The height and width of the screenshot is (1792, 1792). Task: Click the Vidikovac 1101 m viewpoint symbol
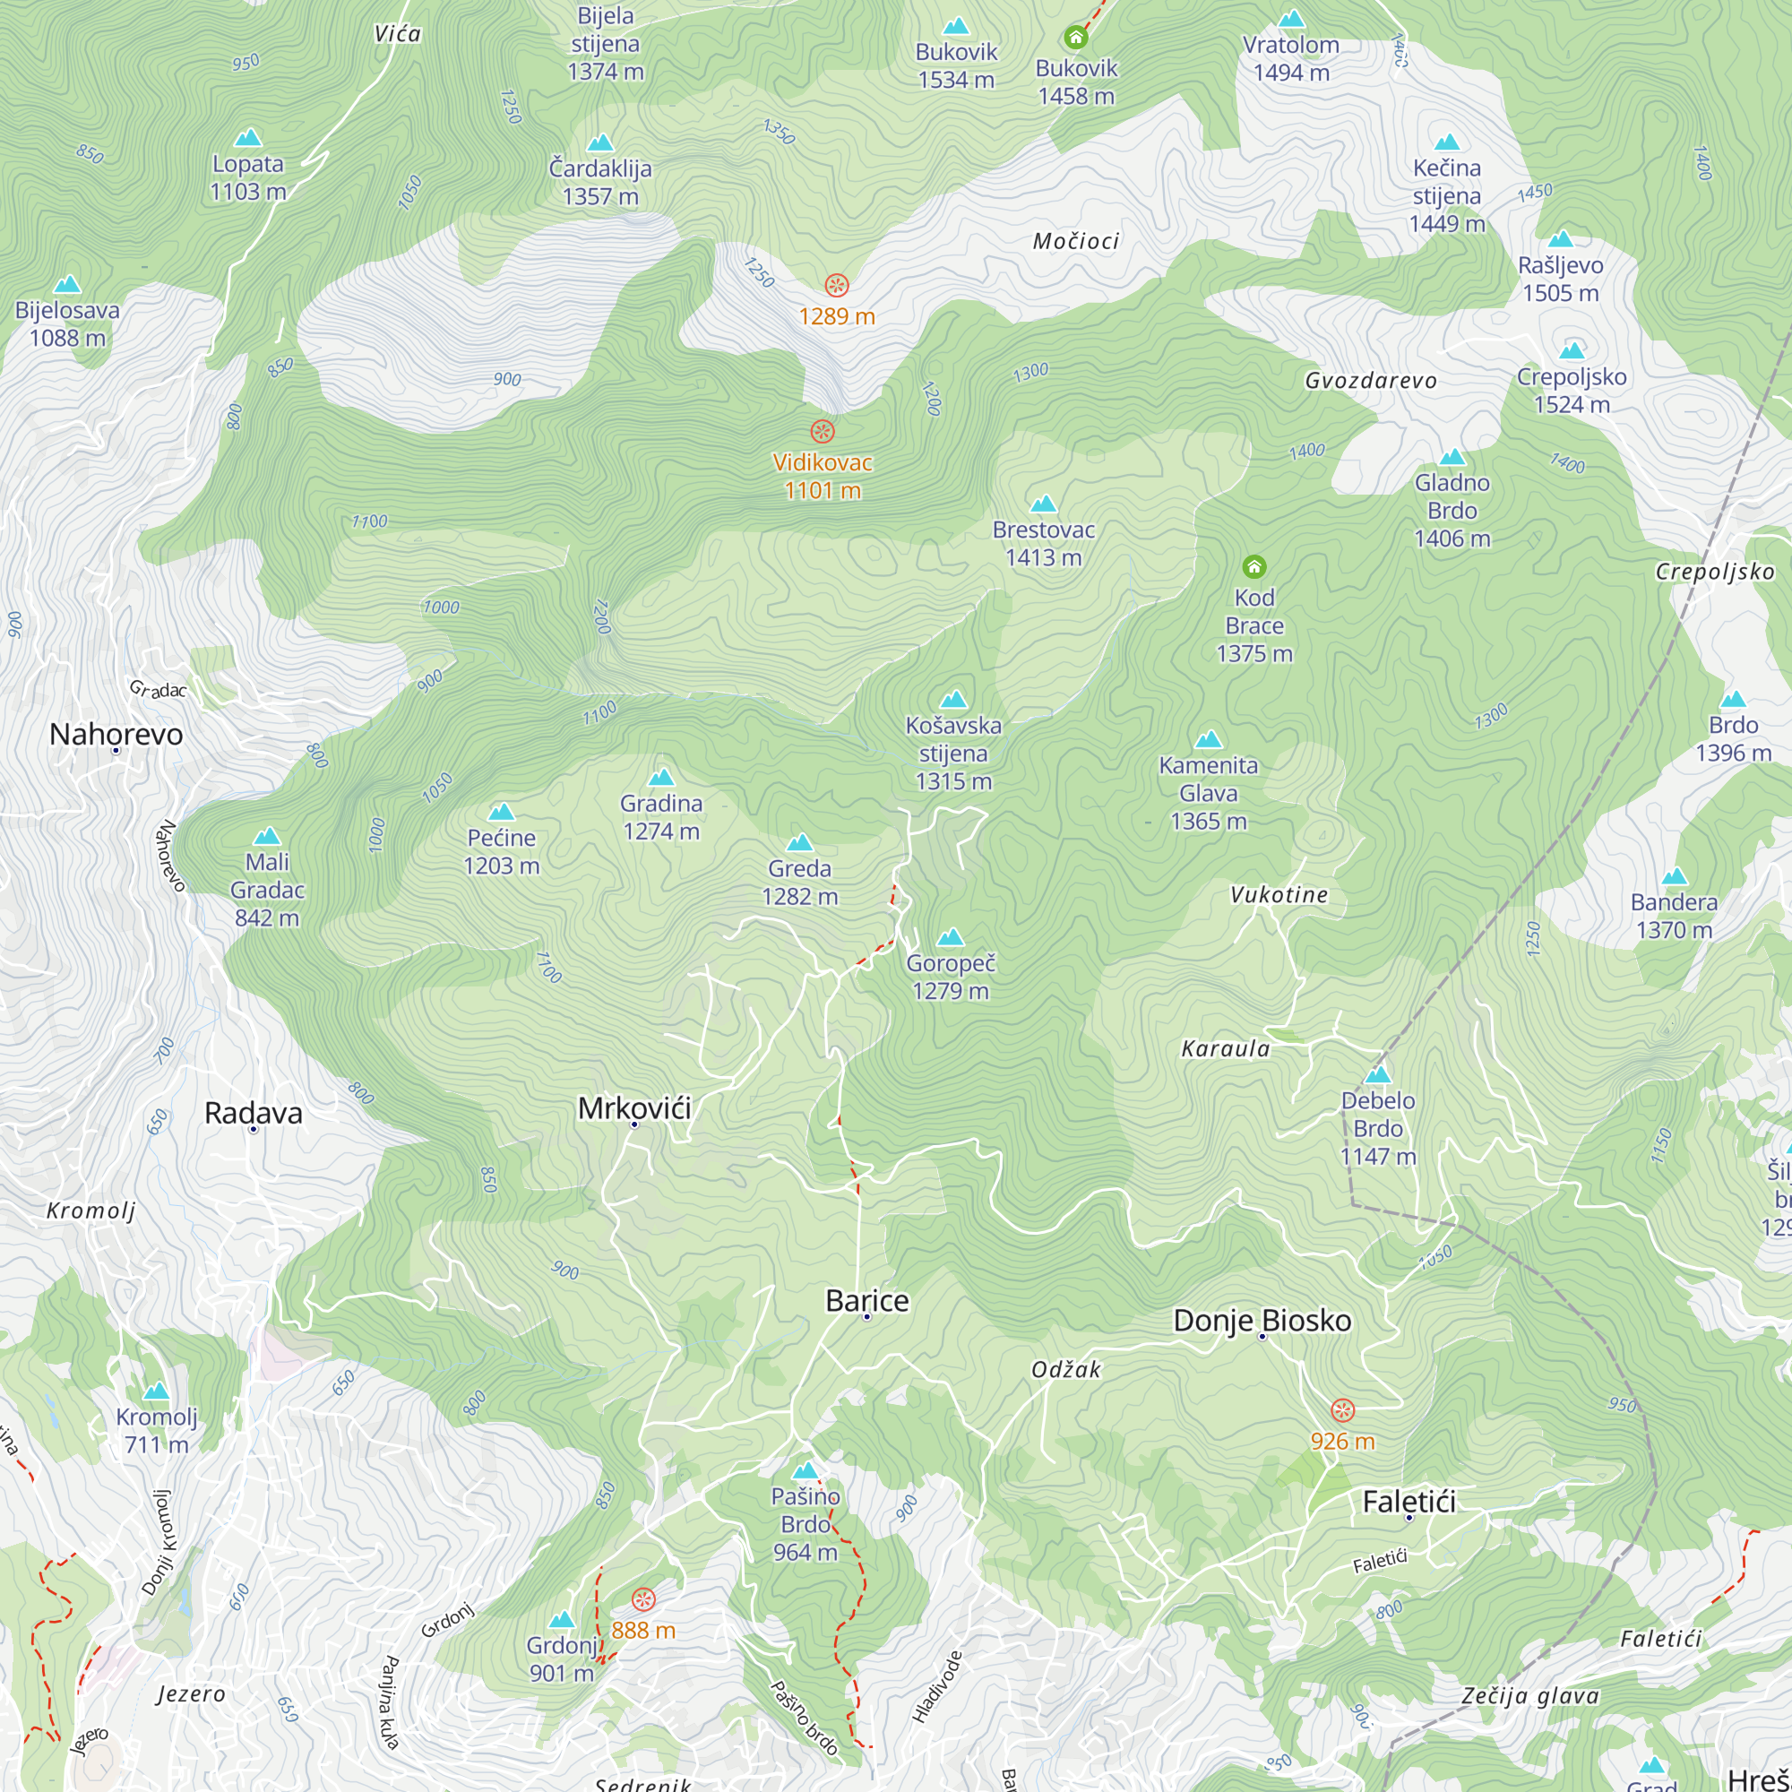pyautogui.click(x=823, y=431)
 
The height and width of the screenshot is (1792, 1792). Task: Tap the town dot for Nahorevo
pyautogui.click(x=116, y=749)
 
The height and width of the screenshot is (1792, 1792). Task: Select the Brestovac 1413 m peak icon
pyautogui.click(x=1044, y=504)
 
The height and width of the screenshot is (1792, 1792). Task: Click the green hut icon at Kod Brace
pyautogui.click(x=1254, y=565)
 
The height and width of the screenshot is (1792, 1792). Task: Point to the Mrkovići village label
pyautogui.click(x=634, y=1107)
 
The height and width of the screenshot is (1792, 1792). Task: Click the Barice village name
pyautogui.click(x=867, y=1300)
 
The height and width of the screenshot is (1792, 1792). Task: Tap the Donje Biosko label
pyautogui.click(x=1262, y=1320)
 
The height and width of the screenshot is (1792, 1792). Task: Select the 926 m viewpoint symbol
pyautogui.click(x=1342, y=1411)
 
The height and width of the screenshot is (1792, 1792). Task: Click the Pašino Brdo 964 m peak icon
pyautogui.click(x=806, y=1471)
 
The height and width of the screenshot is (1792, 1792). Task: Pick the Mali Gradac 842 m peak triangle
pyautogui.click(x=267, y=837)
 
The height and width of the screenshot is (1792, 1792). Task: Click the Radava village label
pyautogui.click(x=254, y=1112)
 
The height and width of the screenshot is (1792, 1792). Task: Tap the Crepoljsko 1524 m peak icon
pyautogui.click(x=1572, y=350)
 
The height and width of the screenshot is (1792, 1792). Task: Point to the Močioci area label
pyautogui.click(x=1076, y=241)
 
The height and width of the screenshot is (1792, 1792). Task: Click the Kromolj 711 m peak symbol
pyautogui.click(x=156, y=1391)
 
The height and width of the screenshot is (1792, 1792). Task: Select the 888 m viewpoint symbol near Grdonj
pyautogui.click(x=643, y=1600)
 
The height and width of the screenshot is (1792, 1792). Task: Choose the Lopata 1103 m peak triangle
pyautogui.click(x=247, y=138)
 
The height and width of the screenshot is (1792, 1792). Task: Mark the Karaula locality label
pyautogui.click(x=1225, y=1049)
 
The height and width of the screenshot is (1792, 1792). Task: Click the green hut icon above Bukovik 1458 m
pyautogui.click(x=1075, y=37)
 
